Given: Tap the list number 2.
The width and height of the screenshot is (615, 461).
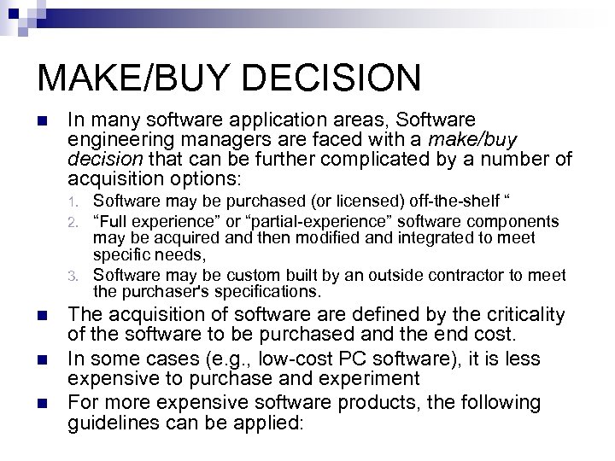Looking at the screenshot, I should coord(74,221).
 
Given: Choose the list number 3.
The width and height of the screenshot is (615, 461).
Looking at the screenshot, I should coord(74,276).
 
